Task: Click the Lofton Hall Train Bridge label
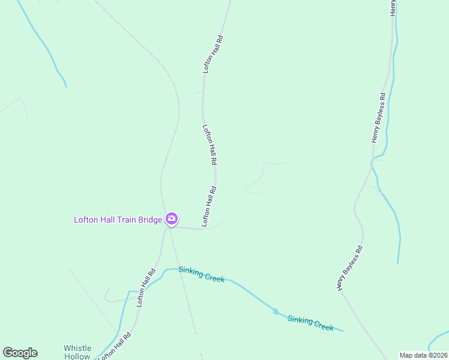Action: [x=118, y=220]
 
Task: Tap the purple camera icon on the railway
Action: [x=172, y=219]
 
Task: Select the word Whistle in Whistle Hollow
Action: [x=77, y=348]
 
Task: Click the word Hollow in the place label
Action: [x=77, y=356]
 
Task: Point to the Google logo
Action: [x=20, y=353]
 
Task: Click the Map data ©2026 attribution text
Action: [x=424, y=355]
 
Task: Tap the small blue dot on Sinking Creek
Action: [x=276, y=311]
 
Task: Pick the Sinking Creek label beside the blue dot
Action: [x=310, y=322]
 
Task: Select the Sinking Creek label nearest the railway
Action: [x=201, y=275]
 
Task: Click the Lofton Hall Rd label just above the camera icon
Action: [x=209, y=206]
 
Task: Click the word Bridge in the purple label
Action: [x=150, y=220]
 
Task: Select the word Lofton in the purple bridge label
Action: [x=85, y=220]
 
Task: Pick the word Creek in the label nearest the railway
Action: [x=214, y=277]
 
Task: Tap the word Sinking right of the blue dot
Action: [x=300, y=319]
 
